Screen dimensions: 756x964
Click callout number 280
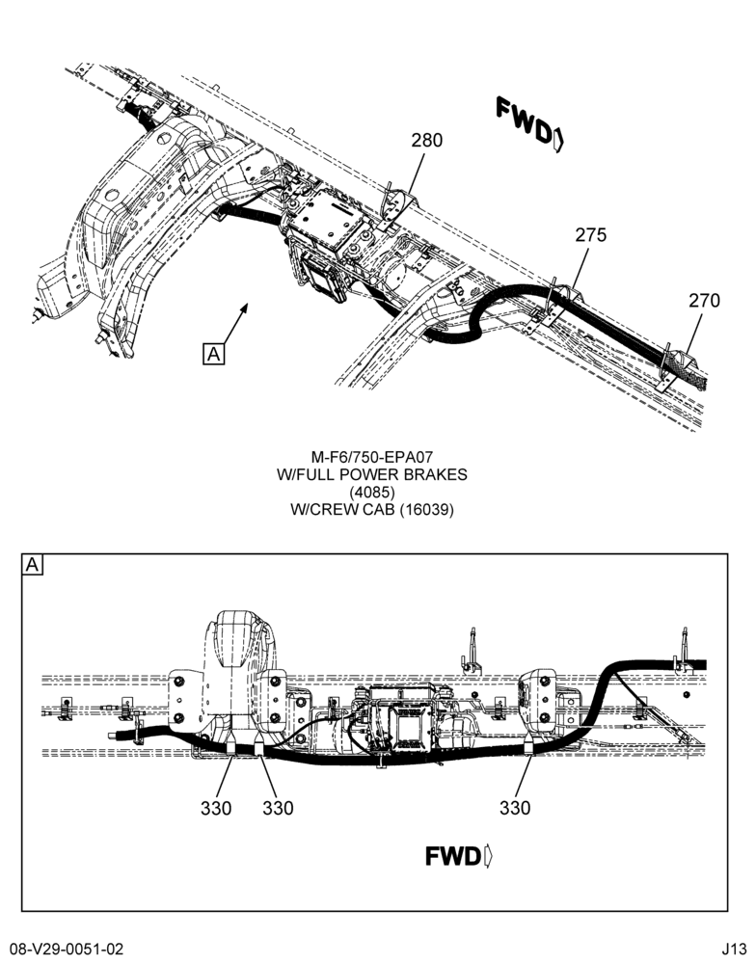tap(426, 140)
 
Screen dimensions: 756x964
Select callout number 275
tap(590, 235)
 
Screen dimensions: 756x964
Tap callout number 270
tap(704, 301)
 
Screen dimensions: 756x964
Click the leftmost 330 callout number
tap(216, 808)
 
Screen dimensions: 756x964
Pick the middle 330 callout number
tap(278, 808)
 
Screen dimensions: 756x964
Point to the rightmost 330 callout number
tap(515, 808)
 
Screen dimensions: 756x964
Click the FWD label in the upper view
tap(529, 124)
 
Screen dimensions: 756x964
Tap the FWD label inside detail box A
tap(459, 856)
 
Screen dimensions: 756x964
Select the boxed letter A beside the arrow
tap(213, 354)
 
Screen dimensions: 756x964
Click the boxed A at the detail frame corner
tap(32, 564)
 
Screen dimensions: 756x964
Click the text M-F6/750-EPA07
tap(371, 457)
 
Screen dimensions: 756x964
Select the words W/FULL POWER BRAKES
tap(371, 474)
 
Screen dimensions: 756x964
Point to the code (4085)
tap(371, 492)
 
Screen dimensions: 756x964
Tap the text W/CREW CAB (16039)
tap(371, 510)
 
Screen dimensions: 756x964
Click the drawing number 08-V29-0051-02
tap(67, 949)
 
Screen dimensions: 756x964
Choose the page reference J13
tap(735, 949)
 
